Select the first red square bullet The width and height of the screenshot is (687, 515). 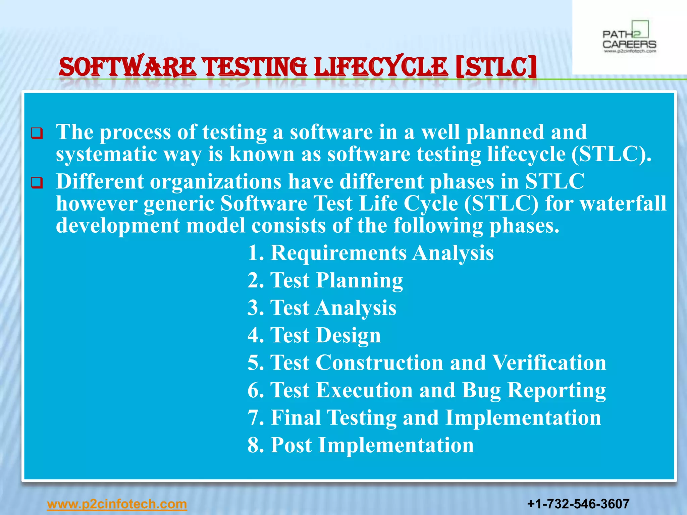click(37, 133)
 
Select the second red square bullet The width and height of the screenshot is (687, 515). click(37, 183)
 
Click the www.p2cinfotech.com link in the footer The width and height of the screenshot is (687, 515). click(117, 504)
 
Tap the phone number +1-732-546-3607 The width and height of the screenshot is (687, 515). click(578, 504)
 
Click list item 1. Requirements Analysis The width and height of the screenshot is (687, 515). click(370, 252)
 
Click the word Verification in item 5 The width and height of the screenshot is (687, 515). click(549, 362)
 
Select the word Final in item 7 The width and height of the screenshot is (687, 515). click(296, 417)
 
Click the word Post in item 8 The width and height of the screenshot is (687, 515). click(291, 445)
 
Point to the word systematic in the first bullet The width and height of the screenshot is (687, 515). click(106, 154)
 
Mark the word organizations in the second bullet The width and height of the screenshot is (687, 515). click(215, 181)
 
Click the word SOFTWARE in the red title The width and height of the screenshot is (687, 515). click(127, 67)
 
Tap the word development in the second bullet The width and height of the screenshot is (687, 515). click(118, 225)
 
